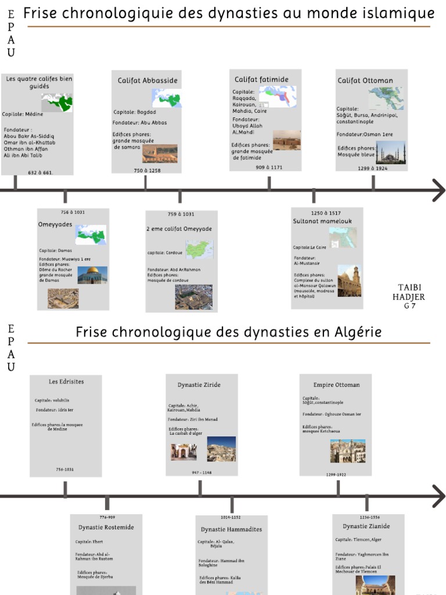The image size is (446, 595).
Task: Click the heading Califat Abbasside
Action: coord(148,80)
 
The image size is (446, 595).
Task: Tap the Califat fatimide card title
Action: coord(261,79)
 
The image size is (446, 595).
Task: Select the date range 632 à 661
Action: coord(39,173)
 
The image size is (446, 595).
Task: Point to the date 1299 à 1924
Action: coord(372,168)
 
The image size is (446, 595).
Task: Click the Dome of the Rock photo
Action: coord(92,274)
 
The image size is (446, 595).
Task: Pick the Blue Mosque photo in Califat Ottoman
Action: coord(390,153)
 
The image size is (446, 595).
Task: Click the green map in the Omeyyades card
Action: coord(91,234)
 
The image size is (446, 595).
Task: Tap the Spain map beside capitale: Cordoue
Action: coord(199,249)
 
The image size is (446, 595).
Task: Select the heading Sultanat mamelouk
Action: coord(322,221)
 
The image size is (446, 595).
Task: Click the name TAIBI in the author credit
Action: coord(410,287)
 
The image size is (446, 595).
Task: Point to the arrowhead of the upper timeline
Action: coord(439,190)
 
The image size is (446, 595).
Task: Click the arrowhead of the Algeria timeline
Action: coord(439,496)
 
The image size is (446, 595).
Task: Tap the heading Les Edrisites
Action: coord(66,382)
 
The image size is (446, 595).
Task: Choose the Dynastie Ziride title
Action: coord(199,385)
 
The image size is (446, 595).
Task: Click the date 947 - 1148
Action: coord(202,472)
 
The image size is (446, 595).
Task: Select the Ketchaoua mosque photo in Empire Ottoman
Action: coord(347,450)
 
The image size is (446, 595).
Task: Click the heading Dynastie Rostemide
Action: coord(106,527)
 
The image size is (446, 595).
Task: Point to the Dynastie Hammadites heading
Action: coord(231,529)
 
